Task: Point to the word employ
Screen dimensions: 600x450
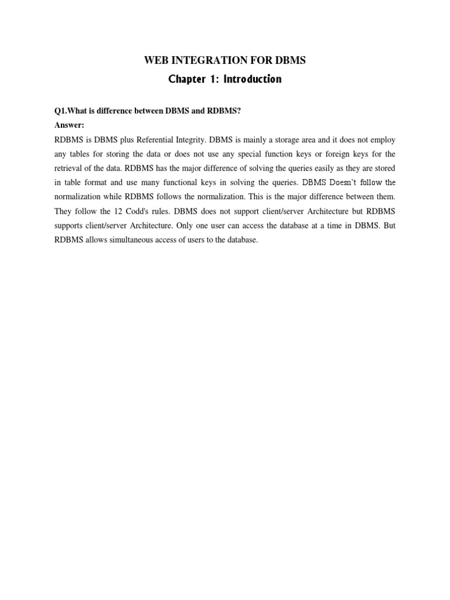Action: (x=383, y=140)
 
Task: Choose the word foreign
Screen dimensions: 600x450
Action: (x=324, y=154)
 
